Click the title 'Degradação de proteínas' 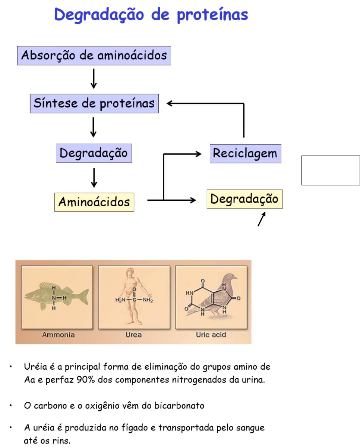(x=151, y=15)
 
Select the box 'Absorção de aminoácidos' (x=94, y=56)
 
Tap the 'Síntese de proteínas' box (x=94, y=103)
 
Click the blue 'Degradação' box (x=94, y=153)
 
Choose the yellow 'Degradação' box (x=244, y=199)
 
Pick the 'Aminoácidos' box (x=94, y=202)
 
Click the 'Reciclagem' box (x=245, y=153)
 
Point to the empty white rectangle (x=330, y=170)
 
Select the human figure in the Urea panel (x=133, y=295)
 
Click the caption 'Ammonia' (x=58, y=335)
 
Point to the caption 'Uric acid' (x=211, y=335)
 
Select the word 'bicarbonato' (x=182, y=405)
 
